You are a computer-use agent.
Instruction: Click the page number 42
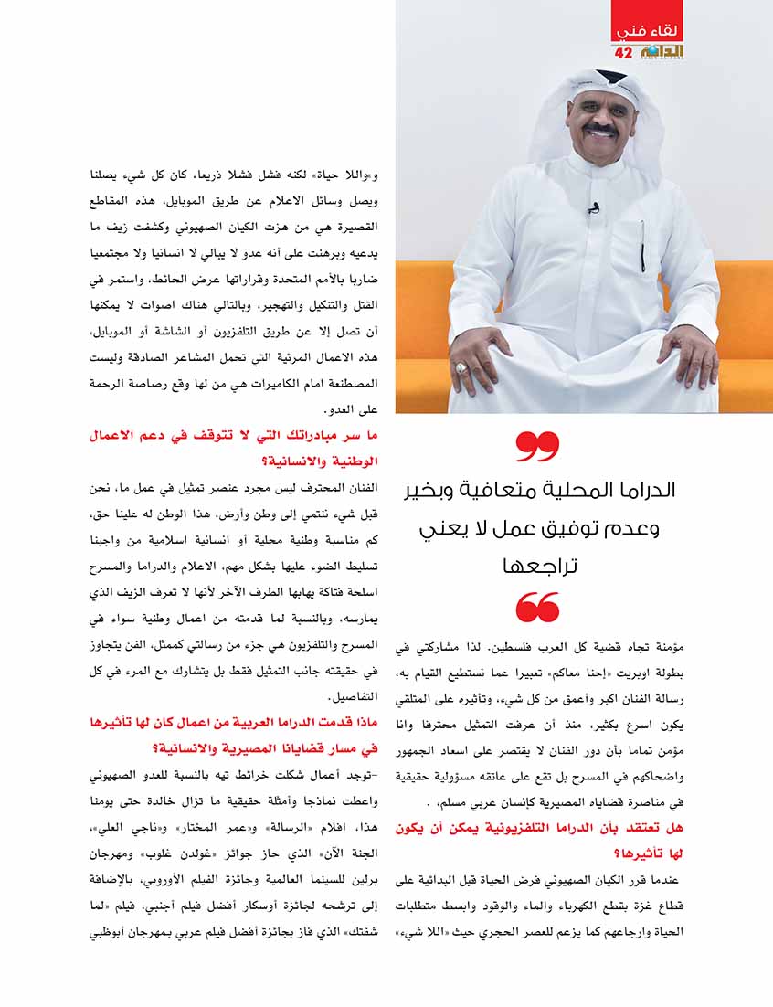(624, 52)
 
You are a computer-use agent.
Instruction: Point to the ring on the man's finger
(461, 367)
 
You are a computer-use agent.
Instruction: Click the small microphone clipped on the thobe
(594, 208)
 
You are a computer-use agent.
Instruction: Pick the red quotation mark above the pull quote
(537, 447)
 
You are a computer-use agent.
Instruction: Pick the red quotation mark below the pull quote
(537, 607)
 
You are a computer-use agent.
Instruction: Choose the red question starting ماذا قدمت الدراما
(255, 724)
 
